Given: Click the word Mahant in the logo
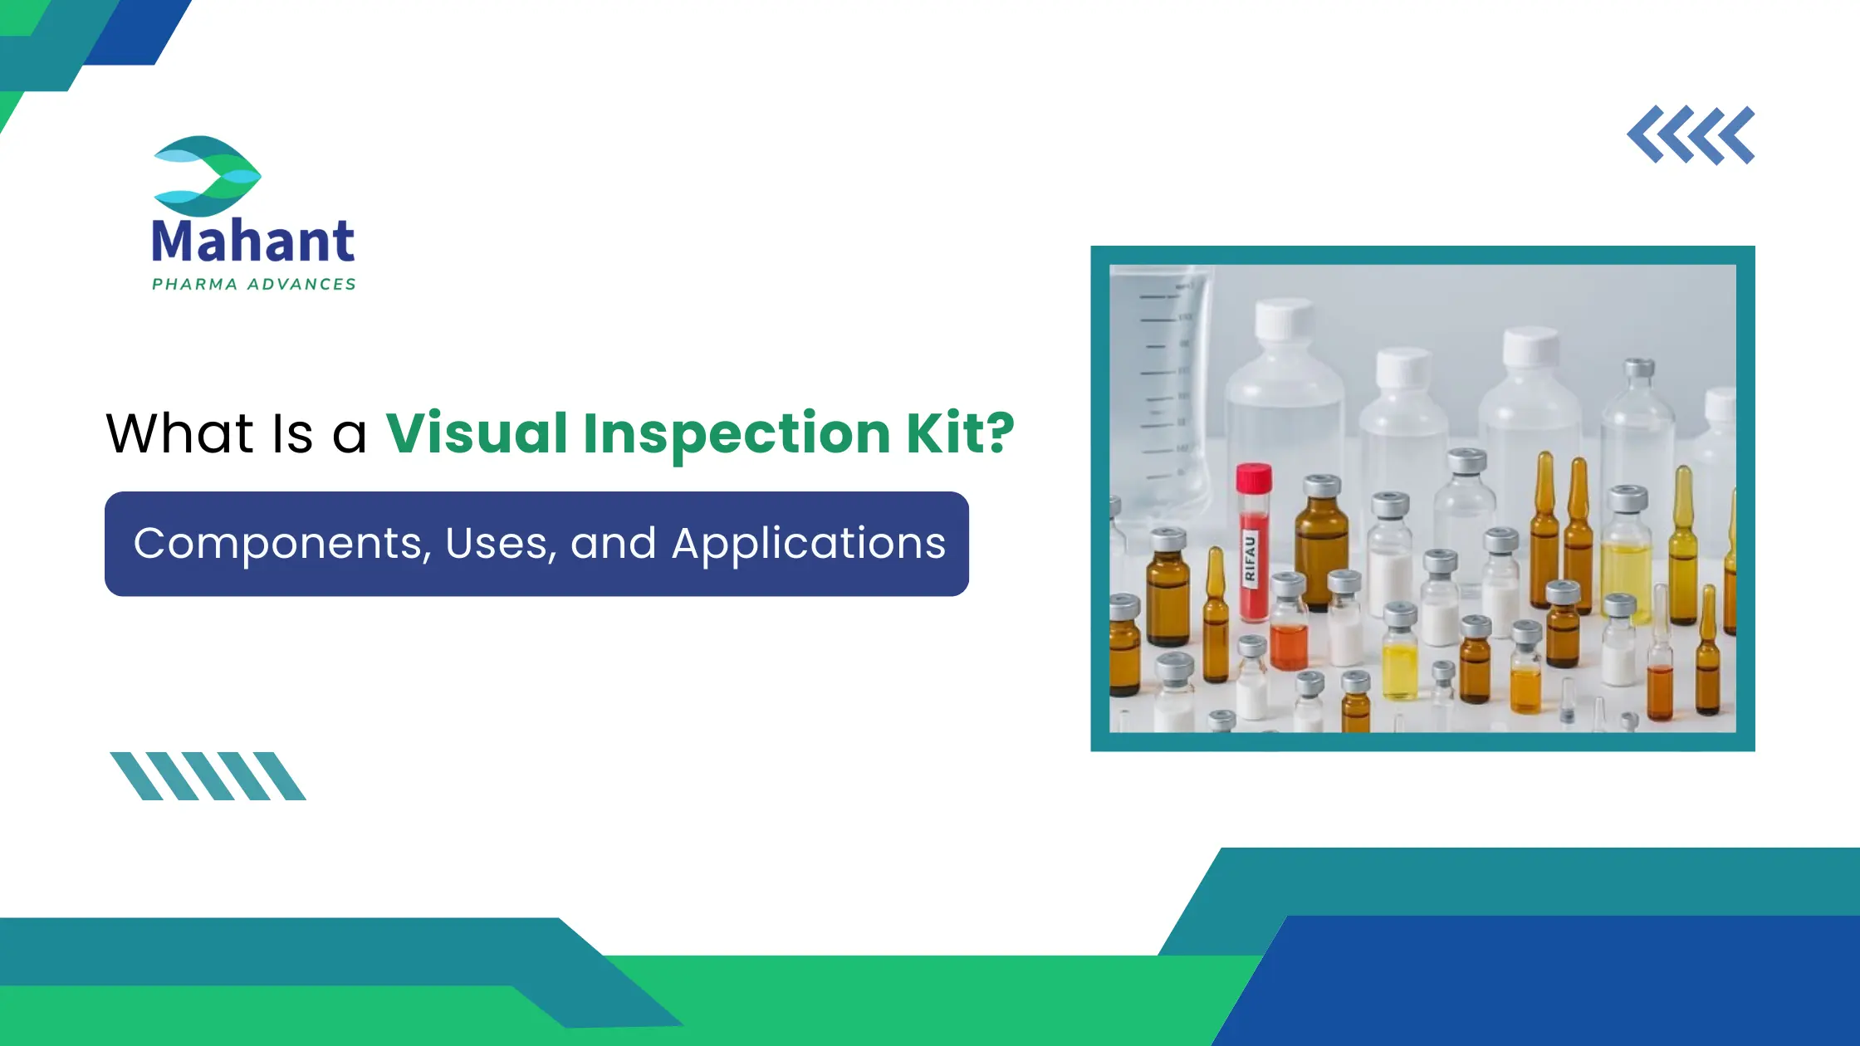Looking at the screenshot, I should tap(253, 241).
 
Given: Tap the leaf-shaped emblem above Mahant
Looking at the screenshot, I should tap(208, 176).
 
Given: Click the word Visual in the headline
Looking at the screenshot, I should tap(477, 433).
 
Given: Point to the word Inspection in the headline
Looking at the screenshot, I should tap(737, 433).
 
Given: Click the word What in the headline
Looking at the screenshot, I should tap(179, 433).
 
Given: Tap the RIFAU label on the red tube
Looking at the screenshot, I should tap(1250, 558).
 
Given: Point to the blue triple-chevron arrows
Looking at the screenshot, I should tap(1691, 135).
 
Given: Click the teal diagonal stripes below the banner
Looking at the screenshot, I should tap(208, 776).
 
